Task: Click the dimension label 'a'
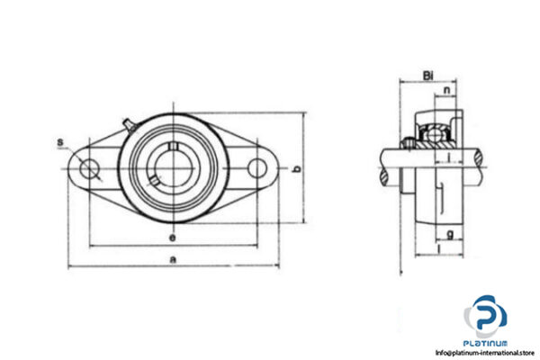173,259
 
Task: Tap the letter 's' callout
60,142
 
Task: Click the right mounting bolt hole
256,168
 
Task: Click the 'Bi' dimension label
428,76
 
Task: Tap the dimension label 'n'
446,90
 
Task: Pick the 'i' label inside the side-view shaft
447,159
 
